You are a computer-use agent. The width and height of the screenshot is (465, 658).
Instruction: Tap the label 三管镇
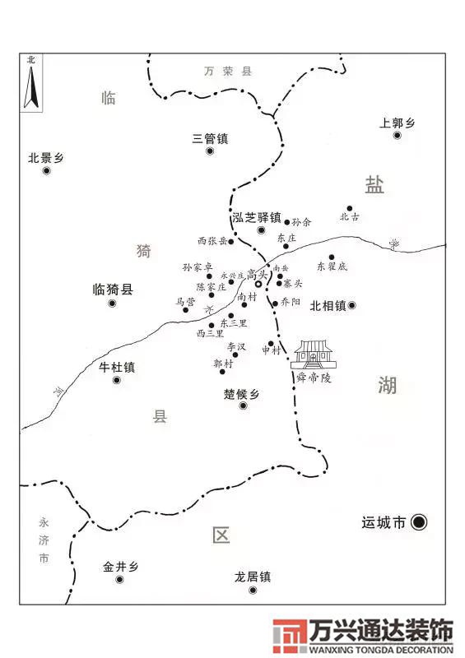pos(210,138)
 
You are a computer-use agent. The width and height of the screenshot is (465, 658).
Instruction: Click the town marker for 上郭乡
pos(397,135)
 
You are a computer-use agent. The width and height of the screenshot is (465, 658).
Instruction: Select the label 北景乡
pos(45,157)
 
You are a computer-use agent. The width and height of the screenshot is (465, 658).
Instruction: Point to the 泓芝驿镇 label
pos(257,217)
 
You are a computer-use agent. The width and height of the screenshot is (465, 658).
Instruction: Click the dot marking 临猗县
pos(112,304)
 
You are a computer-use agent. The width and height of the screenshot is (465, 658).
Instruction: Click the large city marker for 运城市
pos(419,521)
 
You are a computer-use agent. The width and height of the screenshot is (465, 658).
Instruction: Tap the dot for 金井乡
pos(120,580)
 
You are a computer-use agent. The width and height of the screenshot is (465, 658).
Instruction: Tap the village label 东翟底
pos(332,266)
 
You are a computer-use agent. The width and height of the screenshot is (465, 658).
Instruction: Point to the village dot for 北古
pos(349,209)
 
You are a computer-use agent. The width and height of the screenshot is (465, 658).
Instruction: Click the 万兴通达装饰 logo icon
pos(289,636)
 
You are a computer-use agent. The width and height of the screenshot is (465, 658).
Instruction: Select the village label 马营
pos(185,302)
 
